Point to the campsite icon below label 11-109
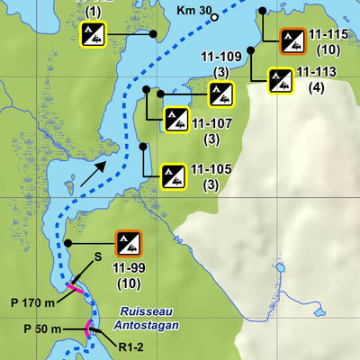tap(220, 94)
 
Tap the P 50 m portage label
tap(42, 329)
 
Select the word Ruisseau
tap(137, 311)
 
